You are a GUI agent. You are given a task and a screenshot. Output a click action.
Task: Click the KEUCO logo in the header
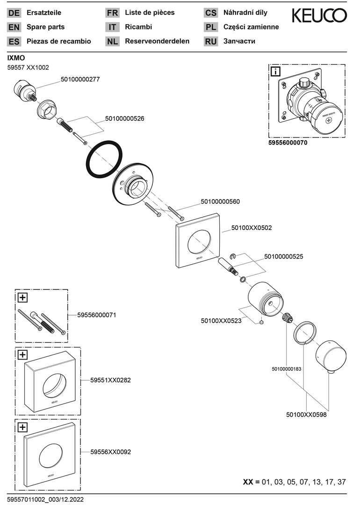point(319,16)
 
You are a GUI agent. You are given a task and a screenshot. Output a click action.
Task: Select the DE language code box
point(14,13)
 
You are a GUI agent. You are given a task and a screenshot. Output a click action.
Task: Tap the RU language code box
point(211,42)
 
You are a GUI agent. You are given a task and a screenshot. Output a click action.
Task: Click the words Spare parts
point(45,27)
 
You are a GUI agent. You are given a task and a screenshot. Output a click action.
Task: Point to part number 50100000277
point(80,80)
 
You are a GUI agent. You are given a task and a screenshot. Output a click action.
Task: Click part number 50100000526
point(124,119)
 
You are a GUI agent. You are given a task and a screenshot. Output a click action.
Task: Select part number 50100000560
point(220,202)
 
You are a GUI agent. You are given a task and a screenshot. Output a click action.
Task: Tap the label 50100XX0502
point(252,228)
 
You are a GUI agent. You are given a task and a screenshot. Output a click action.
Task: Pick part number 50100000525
point(284,256)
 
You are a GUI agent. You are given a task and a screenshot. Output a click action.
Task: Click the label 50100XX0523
point(221,321)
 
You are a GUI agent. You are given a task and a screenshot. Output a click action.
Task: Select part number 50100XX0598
point(306,414)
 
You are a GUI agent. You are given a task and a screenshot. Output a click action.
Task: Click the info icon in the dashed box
point(276,72)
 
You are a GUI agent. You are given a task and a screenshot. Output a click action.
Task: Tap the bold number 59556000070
point(288,144)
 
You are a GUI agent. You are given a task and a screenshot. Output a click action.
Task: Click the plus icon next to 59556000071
point(22,296)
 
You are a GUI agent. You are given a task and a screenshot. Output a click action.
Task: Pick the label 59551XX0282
point(111,380)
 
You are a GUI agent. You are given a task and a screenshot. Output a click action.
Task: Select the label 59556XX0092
point(111,452)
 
